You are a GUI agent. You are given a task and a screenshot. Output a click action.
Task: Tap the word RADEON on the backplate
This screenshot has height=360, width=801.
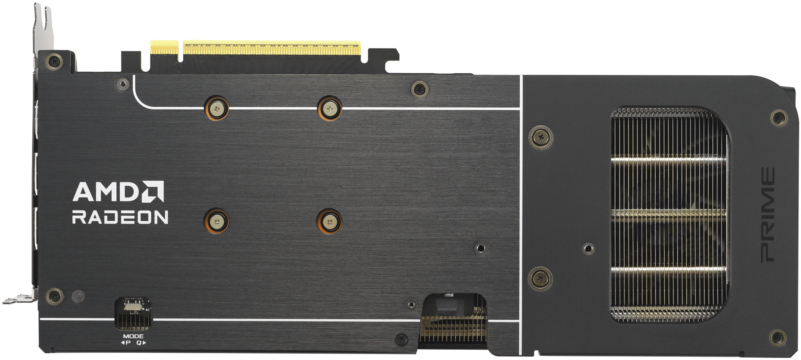pyautogui.click(x=120, y=217)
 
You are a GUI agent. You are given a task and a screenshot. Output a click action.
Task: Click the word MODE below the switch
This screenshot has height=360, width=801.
pyautogui.click(x=133, y=336)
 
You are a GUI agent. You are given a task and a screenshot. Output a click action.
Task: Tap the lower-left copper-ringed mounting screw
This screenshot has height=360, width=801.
pyautogui.click(x=216, y=221)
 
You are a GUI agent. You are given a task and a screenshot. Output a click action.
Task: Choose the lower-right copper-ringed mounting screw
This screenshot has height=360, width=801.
pyautogui.click(x=329, y=221)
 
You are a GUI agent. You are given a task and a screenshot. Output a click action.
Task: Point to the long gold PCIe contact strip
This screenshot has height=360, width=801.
pyautogui.click(x=272, y=48)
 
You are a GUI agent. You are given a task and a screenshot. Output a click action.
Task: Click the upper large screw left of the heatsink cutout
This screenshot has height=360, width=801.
pyautogui.click(x=540, y=137)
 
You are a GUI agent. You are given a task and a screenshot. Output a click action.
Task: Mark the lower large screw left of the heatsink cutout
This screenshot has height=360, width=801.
pyautogui.click(x=540, y=278)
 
